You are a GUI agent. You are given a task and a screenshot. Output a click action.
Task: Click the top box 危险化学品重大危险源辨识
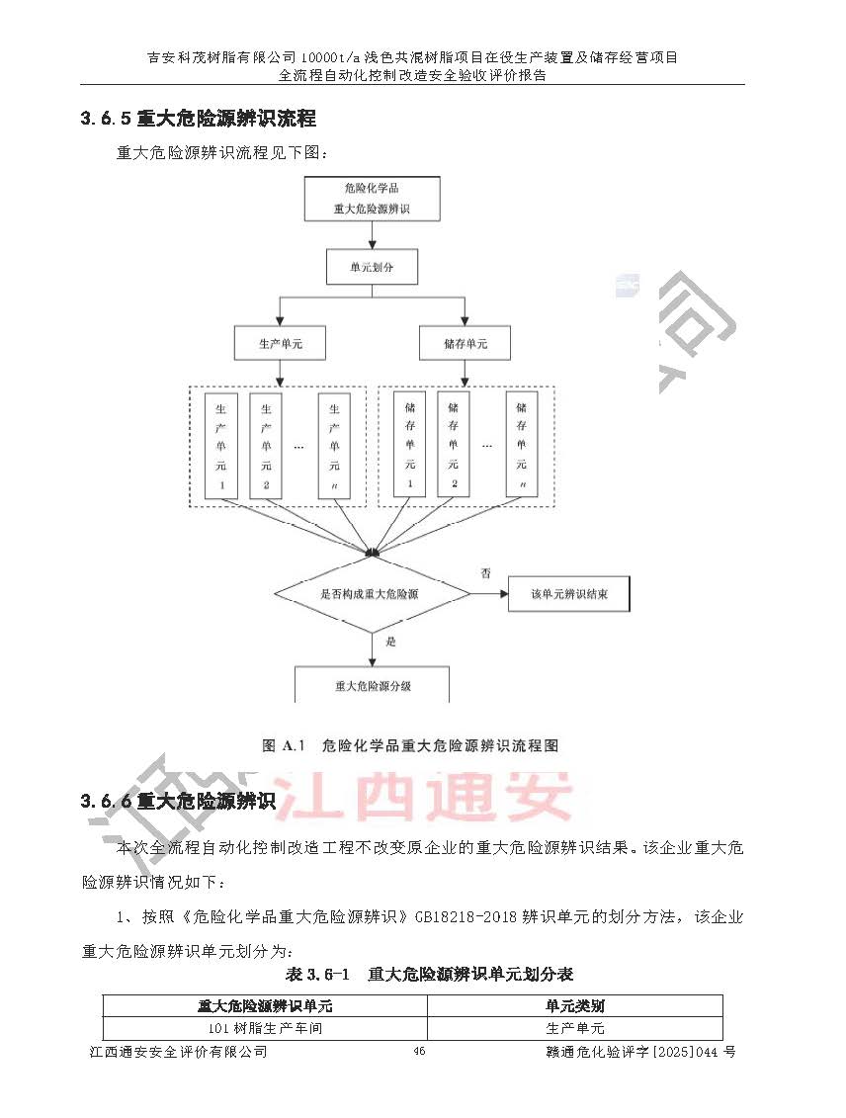click(372, 198)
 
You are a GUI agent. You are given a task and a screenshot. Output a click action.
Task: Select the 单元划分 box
click(371, 267)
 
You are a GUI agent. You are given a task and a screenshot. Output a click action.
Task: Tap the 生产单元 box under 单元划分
click(280, 344)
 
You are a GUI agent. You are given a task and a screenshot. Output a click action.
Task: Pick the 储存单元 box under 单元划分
click(465, 344)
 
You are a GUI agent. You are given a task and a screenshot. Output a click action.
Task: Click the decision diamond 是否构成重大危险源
click(371, 595)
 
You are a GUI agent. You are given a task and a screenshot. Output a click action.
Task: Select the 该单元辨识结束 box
click(568, 595)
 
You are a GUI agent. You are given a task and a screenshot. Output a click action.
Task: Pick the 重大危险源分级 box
click(372, 685)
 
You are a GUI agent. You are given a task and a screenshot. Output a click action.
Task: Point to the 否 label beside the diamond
click(485, 573)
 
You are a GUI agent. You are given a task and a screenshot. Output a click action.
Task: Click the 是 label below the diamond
click(390, 643)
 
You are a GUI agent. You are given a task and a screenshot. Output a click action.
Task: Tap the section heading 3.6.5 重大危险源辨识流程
click(198, 119)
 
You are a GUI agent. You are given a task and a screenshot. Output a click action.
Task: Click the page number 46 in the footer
click(419, 1052)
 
